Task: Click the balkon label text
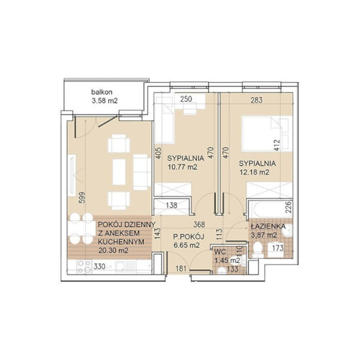coord(102,92)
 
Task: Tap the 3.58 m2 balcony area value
coord(104,101)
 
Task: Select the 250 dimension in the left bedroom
coord(186,99)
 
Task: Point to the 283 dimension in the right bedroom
coord(256,100)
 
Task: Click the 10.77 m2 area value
coord(182,167)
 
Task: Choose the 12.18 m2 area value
coord(254,172)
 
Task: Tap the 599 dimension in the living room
coord(82,197)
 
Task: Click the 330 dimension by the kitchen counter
coord(100,266)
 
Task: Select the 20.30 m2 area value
coord(113,250)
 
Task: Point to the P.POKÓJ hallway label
coord(188,236)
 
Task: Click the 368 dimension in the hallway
coord(199,224)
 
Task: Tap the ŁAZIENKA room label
coord(268,226)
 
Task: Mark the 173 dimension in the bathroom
coord(278,248)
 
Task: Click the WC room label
coord(220,251)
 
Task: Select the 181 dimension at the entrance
coord(181,268)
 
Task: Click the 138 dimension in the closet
coord(171,205)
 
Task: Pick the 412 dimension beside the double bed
coord(277,145)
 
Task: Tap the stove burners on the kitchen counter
coord(84,267)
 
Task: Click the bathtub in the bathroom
coord(268,209)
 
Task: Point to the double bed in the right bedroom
coord(267,133)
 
